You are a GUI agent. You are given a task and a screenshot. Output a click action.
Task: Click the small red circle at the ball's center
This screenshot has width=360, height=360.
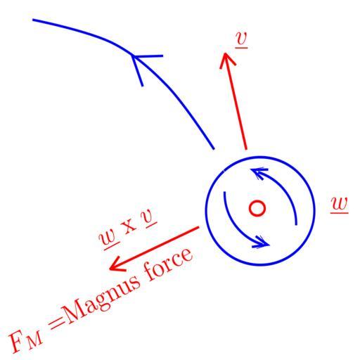click(257, 208)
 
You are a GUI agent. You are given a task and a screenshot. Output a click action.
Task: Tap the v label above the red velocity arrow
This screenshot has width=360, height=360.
click(241, 39)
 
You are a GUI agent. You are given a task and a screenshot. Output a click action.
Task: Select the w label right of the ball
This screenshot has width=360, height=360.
click(340, 205)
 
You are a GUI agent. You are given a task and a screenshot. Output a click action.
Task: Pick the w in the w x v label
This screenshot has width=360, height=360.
click(109, 238)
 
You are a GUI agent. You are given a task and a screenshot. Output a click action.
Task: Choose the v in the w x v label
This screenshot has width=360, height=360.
click(149, 218)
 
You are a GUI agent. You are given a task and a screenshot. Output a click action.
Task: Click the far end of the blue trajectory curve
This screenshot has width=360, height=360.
click(33, 20)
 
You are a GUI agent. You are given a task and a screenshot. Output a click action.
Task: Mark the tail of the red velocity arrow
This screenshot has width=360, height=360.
click(246, 149)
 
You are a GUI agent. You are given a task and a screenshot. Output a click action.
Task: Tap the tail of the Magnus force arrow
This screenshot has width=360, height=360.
click(198, 227)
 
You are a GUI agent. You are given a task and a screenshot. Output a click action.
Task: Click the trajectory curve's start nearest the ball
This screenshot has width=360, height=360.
click(214, 148)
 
